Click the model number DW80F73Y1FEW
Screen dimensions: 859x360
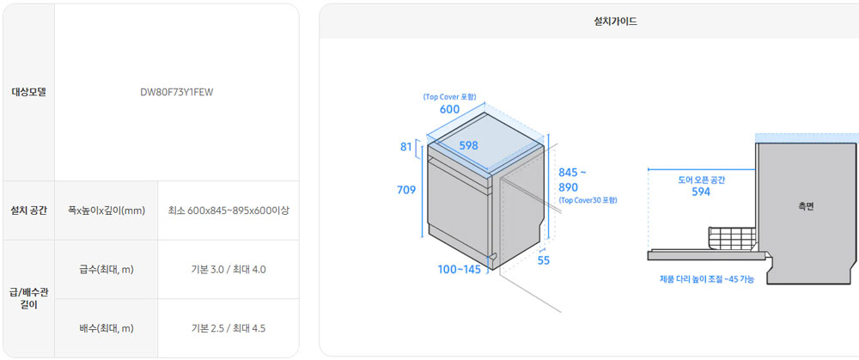pyautogui.click(x=176, y=92)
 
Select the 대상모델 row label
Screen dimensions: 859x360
pyautogui.click(x=29, y=92)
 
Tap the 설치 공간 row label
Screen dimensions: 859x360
pyautogui.click(x=29, y=211)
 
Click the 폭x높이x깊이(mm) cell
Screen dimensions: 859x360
pyautogui.click(x=107, y=211)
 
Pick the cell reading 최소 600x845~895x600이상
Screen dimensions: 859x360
pyautogui.click(x=228, y=211)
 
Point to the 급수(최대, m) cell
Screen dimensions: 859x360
pyautogui.click(x=107, y=270)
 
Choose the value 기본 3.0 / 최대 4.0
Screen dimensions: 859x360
pyautogui.click(x=228, y=270)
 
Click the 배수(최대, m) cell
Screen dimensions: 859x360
pyautogui.click(x=107, y=328)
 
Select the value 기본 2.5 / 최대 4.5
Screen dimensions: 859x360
pyautogui.click(x=228, y=328)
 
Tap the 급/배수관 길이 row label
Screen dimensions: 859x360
pyautogui.click(x=29, y=299)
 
